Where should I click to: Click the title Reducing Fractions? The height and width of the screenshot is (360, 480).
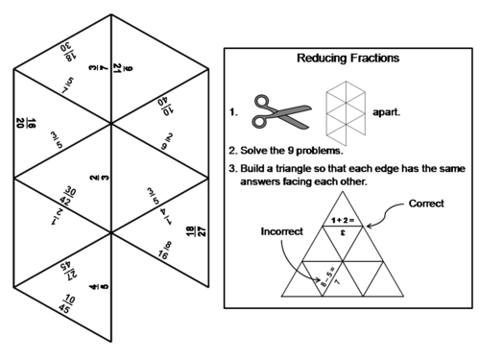[348, 58]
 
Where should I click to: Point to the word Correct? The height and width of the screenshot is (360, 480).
[425, 204]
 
